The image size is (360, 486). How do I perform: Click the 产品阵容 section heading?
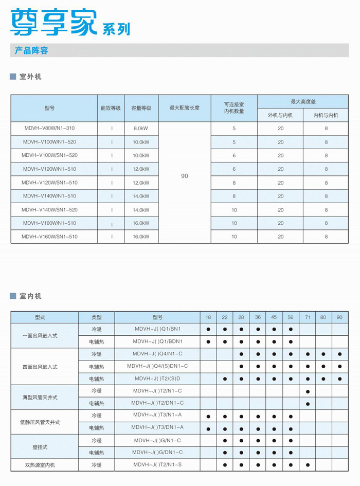click(x=31, y=50)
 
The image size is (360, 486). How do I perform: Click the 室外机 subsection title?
click(x=30, y=77)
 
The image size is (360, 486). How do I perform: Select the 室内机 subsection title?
click(x=30, y=296)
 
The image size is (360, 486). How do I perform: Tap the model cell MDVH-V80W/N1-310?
click(x=49, y=128)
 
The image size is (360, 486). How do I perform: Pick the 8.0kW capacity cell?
click(x=141, y=128)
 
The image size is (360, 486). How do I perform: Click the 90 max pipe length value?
click(x=185, y=176)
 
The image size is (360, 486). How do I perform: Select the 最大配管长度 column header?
click(x=185, y=108)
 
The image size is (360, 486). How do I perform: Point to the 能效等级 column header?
click(x=111, y=108)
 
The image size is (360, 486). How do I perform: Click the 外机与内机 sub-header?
click(x=280, y=115)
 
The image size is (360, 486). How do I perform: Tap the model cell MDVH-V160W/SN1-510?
click(x=49, y=237)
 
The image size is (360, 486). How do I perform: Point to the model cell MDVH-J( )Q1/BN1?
click(x=158, y=329)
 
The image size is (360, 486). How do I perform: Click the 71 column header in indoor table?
click(x=307, y=317)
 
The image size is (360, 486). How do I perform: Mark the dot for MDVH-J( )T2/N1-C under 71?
click(x=307, y=391)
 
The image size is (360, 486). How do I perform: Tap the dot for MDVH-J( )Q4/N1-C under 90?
click(x=340, y=354)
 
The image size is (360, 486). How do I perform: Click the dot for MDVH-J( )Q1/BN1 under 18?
click(x=208, y=329)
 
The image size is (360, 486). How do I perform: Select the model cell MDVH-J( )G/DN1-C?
click(x=158, y=453)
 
